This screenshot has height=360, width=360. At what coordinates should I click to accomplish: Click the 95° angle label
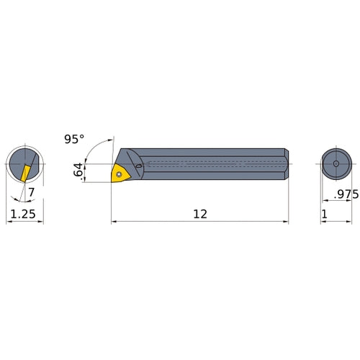(x=73, y=140)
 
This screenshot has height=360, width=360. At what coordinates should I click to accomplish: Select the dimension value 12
(x=201, y=213)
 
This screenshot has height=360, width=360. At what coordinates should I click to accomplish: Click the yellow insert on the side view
(x=119, y=173)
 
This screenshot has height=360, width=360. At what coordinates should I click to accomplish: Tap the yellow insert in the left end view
(x=24, y=172)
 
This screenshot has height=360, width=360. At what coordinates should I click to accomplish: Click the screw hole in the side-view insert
(x=120, y=173)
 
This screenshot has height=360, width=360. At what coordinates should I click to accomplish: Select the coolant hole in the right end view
(x=336, y=164)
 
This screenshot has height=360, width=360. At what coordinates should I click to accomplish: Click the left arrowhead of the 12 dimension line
(x=114, y=222)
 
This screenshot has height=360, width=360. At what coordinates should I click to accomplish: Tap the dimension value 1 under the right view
(x=325, y=213)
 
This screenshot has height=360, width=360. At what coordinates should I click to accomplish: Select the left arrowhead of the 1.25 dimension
(x=9, y=222)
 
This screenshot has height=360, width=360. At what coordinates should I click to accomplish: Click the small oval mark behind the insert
(x=138, y=167)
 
